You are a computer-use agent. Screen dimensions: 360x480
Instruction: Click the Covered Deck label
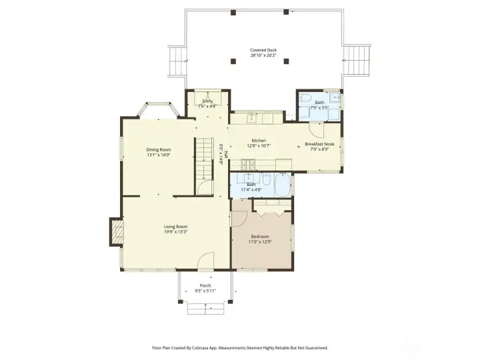coord(263,50)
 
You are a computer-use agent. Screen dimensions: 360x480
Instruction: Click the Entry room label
coord(207,101)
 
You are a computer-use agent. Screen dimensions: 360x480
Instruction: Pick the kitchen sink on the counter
coord(252,119)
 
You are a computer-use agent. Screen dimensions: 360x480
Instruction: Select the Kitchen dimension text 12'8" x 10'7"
coord(259,146)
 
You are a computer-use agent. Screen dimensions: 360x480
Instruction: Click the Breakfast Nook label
coord(319,144)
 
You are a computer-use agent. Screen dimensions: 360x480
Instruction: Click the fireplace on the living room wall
coord(117,233)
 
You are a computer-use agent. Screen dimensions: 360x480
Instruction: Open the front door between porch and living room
coord(207,261)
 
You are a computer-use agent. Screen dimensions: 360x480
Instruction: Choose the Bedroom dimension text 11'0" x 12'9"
coord(260,241)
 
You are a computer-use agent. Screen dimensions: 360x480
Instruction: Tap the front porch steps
coord(205,308)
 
